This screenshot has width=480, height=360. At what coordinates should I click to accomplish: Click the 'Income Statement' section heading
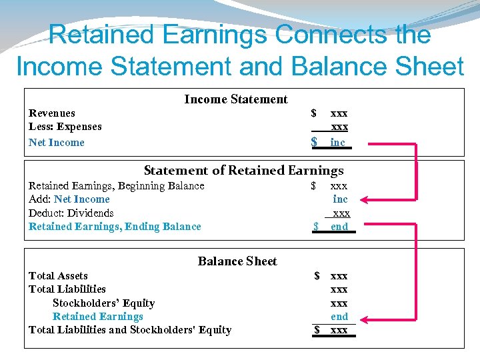(235, 99)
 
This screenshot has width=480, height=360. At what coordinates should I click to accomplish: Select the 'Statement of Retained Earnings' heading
(243, 171)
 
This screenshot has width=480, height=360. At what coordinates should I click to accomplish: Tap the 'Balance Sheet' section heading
(237, 261)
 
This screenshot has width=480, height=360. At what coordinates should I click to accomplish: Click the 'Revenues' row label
(52, 113)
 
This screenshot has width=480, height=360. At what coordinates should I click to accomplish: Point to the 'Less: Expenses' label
(65, 127)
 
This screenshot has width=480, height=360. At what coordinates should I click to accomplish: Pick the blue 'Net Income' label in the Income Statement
(57, 143)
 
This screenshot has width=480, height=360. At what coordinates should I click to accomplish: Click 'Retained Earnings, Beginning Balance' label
(117, 186)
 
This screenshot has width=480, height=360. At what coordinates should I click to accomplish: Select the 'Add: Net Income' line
(69, 199)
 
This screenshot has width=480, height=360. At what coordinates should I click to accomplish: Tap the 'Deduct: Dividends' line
(71, 213)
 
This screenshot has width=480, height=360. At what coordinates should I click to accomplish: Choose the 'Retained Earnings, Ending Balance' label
(115, 227)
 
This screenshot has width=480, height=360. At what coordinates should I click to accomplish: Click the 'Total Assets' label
(58, 276)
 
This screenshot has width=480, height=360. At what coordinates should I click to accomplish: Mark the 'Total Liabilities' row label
(67, 289)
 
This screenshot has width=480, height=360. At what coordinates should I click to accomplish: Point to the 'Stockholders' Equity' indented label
(103, 303)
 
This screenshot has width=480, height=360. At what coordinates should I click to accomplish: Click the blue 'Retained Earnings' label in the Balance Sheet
(98, 317)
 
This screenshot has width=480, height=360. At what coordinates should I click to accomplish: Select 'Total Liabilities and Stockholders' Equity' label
(130, 330)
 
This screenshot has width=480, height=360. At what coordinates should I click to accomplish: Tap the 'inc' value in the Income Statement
(338, 143)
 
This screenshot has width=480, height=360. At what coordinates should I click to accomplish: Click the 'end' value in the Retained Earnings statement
(339, 227)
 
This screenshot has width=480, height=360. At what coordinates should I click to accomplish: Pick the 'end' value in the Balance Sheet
(339, 317)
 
